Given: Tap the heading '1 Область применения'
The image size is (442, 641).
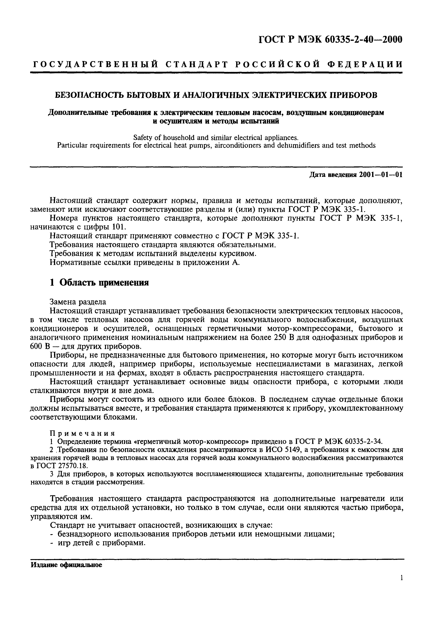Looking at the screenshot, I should point(99,283).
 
